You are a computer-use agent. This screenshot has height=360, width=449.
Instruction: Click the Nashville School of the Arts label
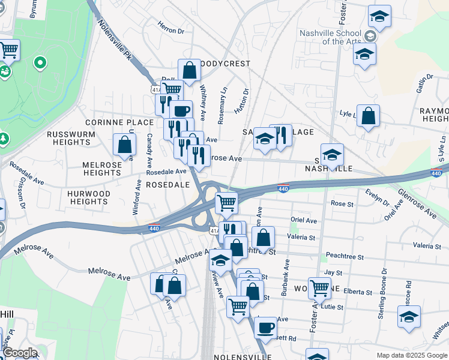(333, 37)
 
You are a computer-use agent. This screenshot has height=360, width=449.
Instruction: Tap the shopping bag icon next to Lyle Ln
(368, 115)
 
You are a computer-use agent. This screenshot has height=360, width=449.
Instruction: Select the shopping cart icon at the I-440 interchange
(226, 203)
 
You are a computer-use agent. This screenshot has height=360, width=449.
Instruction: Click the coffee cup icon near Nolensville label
(265, 328)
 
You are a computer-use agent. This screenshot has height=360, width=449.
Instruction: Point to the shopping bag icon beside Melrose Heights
(124, 144)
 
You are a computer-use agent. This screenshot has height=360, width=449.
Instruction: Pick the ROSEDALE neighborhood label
(168, 185)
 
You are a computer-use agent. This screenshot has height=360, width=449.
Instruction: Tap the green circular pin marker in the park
(40, 62)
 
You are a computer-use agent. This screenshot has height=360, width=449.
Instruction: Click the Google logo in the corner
(19, 353)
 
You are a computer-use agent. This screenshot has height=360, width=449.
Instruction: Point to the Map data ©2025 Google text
(411, 355)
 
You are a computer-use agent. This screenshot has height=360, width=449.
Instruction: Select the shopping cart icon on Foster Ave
(319, 288)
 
